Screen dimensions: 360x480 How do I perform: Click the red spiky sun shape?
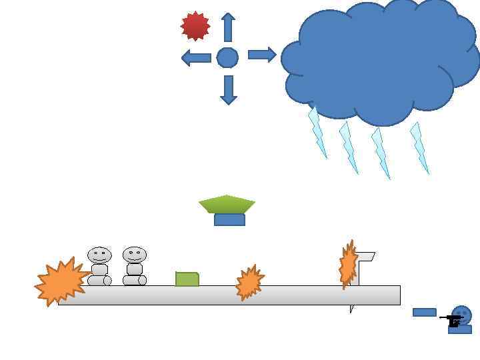coord(195,26)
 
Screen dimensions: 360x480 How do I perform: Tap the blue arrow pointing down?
coord(229,90)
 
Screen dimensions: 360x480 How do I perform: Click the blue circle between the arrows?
coord(227,58)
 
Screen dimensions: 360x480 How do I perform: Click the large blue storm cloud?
coord(380,60)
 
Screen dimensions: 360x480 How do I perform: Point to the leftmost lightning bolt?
coord(317,133)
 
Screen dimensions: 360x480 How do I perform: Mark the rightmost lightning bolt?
coord(419,147)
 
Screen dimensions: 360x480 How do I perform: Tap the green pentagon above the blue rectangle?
coord(227,204)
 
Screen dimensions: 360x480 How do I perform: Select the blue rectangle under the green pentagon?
coord(229,220)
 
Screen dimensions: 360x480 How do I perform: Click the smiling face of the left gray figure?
coord(99,255)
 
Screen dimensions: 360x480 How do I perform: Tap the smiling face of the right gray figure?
coord(134,255)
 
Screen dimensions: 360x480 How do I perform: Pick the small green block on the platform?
coord(187,279)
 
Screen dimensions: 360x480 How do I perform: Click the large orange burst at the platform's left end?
coord(61,282)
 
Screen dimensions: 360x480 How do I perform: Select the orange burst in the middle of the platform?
coord(249,283)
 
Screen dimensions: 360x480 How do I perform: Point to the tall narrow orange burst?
coord(348,265)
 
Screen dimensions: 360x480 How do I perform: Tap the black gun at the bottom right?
coord(453,321)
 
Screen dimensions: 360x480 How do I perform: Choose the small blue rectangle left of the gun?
coord(424,312)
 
